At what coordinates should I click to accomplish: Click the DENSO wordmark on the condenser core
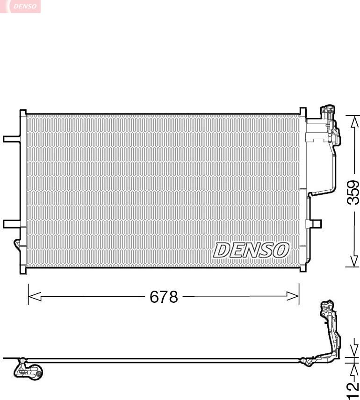coord(251,250)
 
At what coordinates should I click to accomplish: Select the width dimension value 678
coord(164,297)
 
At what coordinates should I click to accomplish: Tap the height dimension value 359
coord(353,193)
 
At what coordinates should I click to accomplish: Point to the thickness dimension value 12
coord(353,390)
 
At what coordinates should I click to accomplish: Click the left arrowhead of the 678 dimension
coord(35,296)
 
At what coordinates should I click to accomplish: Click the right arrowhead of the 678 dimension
coord(293,296)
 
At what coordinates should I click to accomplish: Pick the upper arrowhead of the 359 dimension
coord(354,121)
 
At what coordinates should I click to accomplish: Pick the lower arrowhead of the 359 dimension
coord(354,261)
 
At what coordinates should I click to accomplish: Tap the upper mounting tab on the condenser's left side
coord(12,139)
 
